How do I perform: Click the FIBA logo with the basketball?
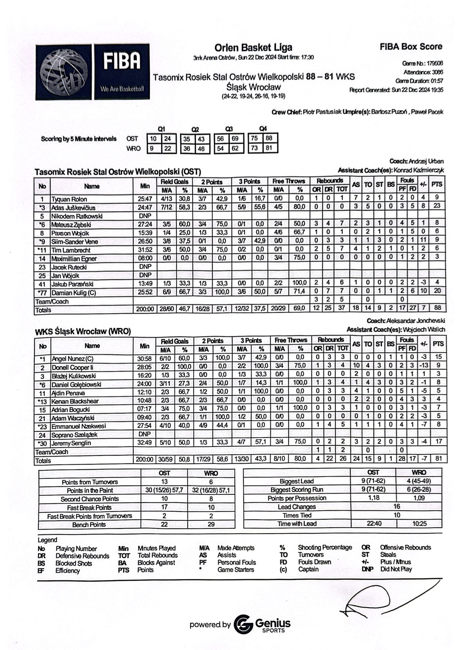coord(93,72)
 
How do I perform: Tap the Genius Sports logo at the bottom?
coord(263,624)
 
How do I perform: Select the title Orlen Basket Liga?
coord(253,47)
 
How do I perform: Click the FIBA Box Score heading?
coord(411,47)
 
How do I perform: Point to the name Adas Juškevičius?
coord(73,208)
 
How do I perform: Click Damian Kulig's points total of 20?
coord(437,291)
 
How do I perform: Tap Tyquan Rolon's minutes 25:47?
coord(145,199)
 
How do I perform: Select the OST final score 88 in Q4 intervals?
coord(269,138)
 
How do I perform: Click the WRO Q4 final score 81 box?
coord(269,148)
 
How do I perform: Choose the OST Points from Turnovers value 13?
coord(164,482)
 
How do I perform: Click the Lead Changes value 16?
coord(396,507)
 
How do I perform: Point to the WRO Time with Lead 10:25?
coord(419,524)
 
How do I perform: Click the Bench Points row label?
coord(89,525)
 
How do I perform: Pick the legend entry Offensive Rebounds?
coord(405,547)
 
